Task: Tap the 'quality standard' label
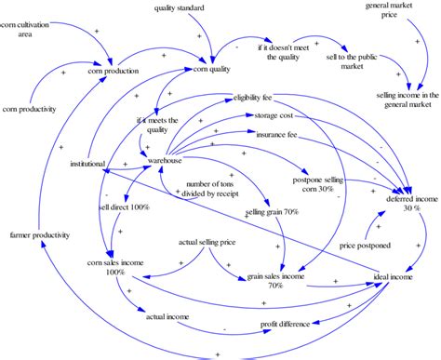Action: (180, 8)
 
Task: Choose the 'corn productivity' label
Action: (29, 109)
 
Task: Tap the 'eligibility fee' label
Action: (253, 97)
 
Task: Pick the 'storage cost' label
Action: (273, 116)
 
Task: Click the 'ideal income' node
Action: (391, 277)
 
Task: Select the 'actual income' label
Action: (167, 317)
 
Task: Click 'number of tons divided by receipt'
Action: (217, 189)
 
